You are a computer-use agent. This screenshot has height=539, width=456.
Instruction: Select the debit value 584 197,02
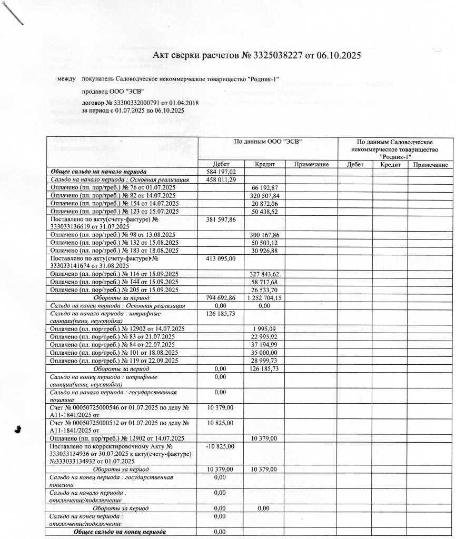pos(221,172)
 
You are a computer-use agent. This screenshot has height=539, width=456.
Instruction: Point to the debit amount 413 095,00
pos(221,258)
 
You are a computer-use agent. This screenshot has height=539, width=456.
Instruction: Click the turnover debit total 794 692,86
pos(221,297)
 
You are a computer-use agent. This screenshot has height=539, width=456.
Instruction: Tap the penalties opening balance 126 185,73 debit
pos(221,313)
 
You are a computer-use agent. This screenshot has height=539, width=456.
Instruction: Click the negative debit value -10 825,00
pos(221,446)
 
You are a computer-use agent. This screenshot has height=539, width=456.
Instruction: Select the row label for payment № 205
pos(114,290)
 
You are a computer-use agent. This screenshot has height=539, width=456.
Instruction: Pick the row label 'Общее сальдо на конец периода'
pos(120,532)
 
